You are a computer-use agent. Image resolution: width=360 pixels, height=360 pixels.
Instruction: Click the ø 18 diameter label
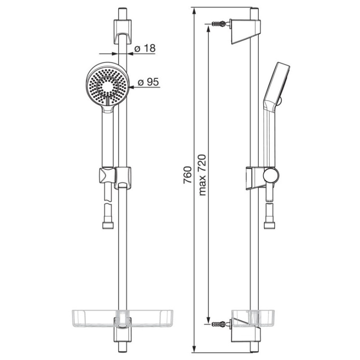click(145, 48)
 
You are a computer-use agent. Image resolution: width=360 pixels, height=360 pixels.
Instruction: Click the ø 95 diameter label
click(148, 82)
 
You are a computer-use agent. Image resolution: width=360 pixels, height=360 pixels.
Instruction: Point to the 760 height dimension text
click(187, 175)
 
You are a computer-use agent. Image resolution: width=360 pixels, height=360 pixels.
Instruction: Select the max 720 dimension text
click(202, 175)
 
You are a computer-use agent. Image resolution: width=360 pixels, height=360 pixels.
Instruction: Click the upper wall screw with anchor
click(220, 23)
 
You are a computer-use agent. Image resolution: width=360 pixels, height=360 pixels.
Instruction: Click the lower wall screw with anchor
click(220, 324)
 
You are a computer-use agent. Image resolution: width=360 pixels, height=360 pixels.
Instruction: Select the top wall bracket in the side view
click(245, 31)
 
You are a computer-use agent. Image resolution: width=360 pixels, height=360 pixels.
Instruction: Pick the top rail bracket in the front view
click(123, 31)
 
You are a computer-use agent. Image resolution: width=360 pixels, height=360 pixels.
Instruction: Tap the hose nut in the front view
click(108, 225)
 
